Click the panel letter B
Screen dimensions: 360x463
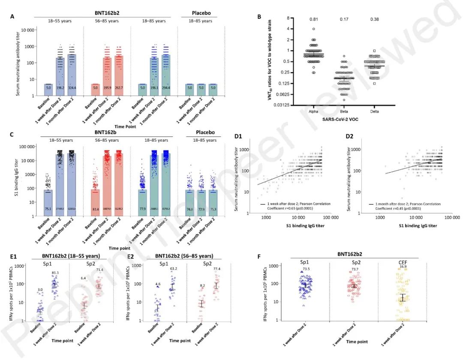click(259, 17)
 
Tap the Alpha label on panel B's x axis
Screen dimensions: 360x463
click(313, 111)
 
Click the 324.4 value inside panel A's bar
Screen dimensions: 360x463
click(72, 88)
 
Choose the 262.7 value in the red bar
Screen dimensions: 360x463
click(118, 88)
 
